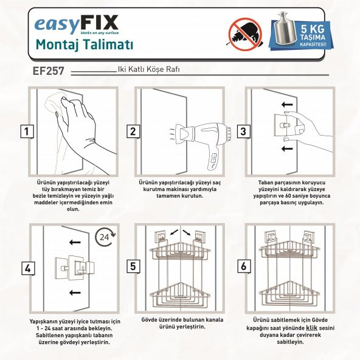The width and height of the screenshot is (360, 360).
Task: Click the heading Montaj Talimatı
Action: (85, 44)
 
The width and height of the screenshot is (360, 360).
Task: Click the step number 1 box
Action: (26, 131)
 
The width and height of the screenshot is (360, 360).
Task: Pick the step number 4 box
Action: (26, 267)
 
